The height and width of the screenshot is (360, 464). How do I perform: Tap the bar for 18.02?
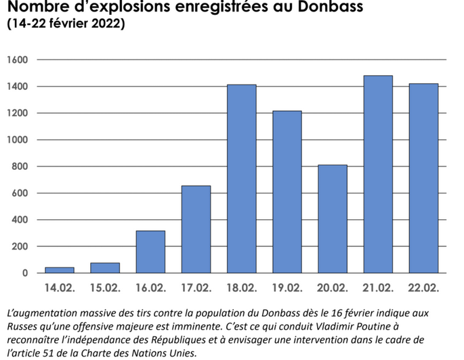coord(241,179)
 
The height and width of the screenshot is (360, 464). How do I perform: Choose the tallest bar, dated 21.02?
coord(378,174)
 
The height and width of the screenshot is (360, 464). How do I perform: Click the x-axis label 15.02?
coord(105,288)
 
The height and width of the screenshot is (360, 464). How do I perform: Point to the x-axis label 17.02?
coord(196,288)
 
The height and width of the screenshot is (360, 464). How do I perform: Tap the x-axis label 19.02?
coord(287,288)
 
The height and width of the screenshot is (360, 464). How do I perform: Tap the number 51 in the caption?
coord(47,352)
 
